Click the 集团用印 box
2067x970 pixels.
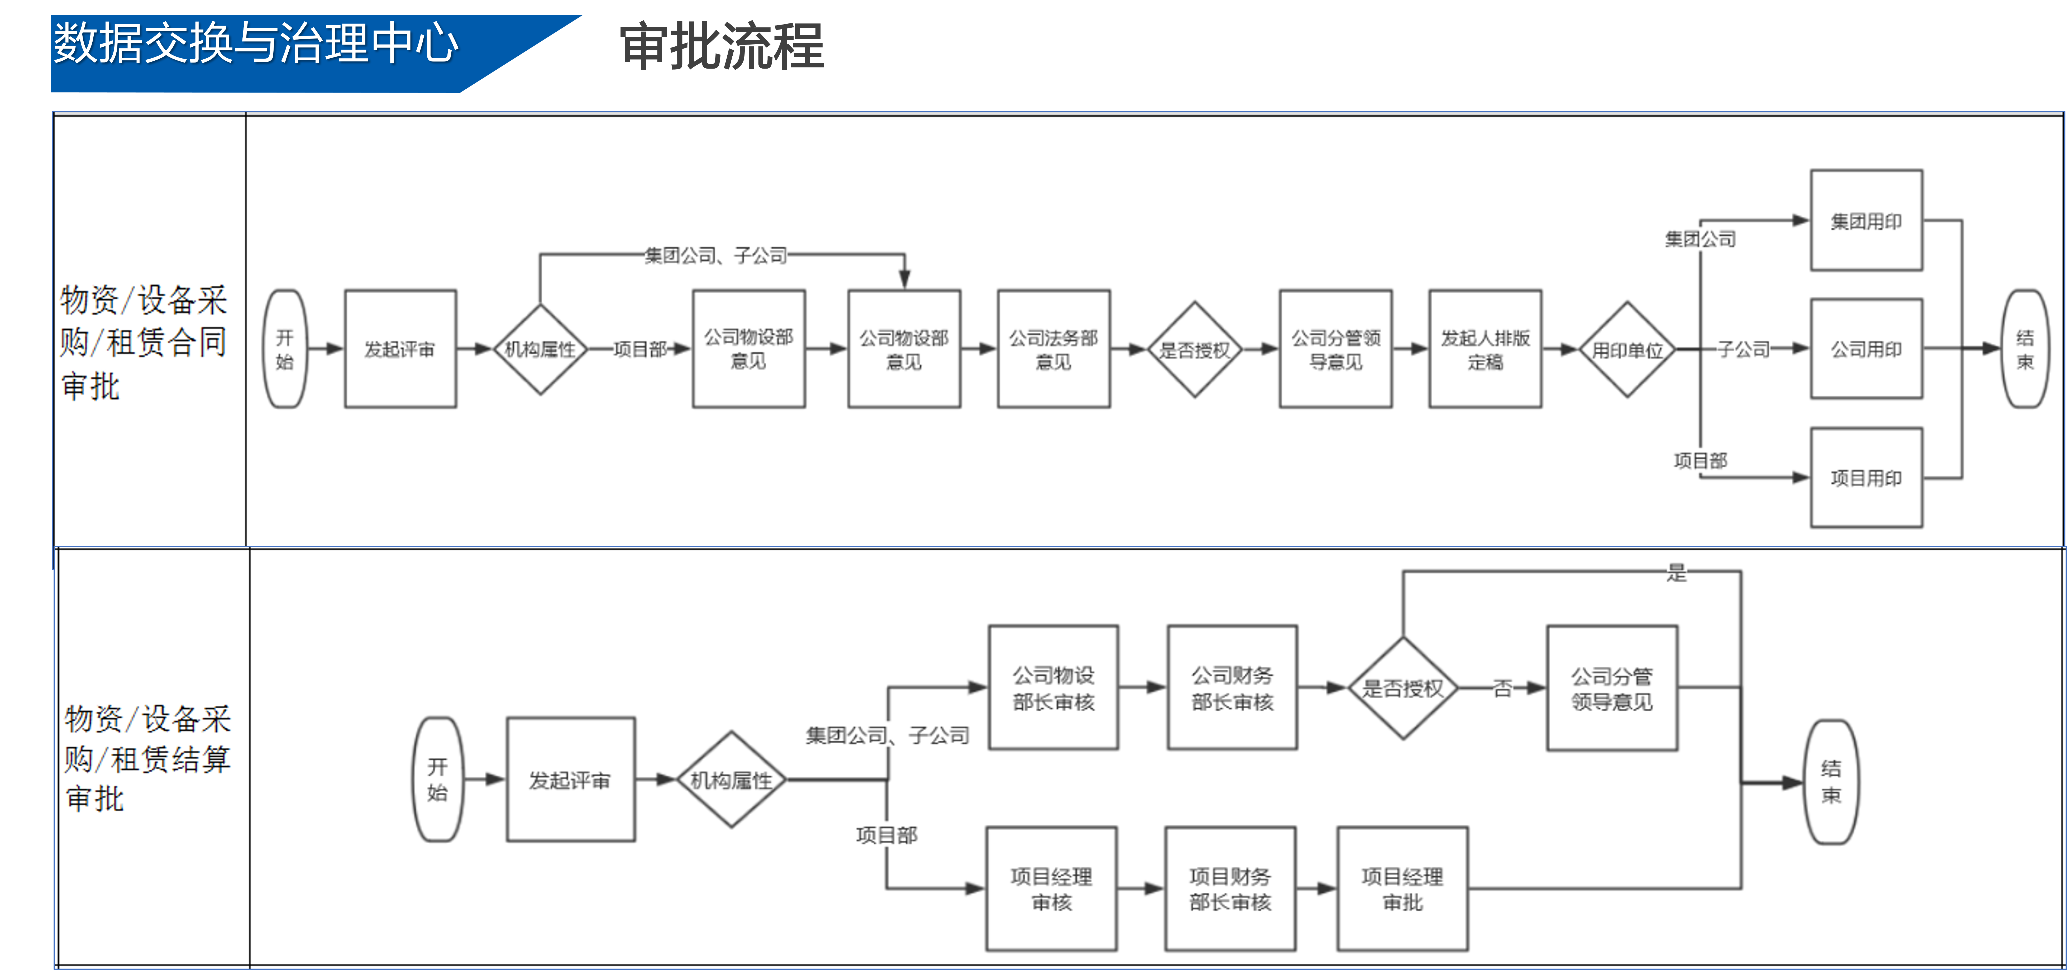1866,221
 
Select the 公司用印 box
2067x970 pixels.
1866,349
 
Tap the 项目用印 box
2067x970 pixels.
1866,478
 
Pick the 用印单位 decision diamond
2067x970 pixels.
1626,350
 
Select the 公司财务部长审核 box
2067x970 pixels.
1232,688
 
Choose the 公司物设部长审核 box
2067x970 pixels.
1053,688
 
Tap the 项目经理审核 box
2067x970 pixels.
1051,889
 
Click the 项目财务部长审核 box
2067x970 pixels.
1230,889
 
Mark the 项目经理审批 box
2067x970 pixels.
1402,889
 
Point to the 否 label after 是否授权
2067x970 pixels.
1502,688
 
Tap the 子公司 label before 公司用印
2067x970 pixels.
1743,349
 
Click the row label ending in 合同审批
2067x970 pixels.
144,343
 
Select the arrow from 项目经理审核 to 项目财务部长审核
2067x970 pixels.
1140,889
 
